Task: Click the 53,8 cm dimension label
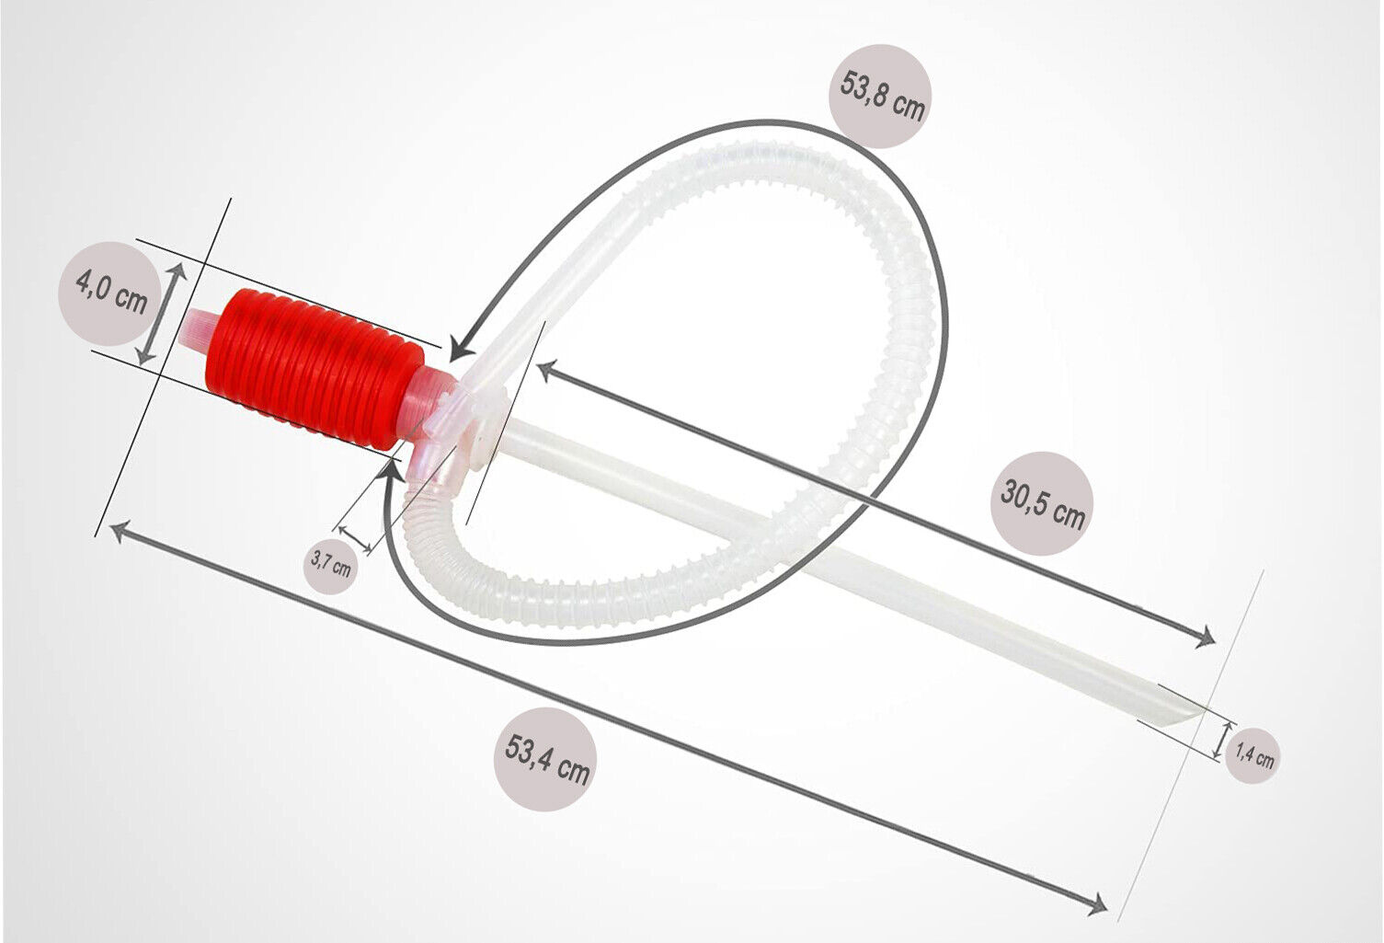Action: click(882, 97)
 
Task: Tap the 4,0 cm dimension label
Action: click(112, 293)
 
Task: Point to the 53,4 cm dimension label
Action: click(547, 760)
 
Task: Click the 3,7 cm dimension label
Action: click(330, 565)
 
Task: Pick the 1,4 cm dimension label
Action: click(1255, 755)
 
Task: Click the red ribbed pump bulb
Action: click(315, 368)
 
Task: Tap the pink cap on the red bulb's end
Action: click(198, 328)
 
